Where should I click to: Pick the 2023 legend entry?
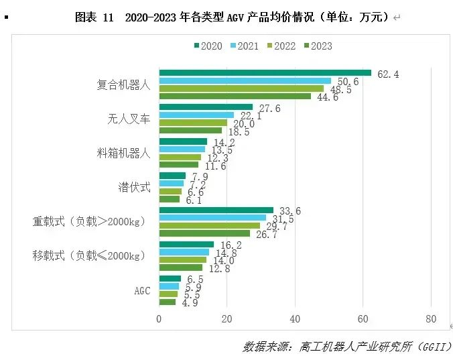[318, 46]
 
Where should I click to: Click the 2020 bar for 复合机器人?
[265, 73]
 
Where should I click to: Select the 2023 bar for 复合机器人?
[235, 97]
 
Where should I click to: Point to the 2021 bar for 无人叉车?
[196, 115]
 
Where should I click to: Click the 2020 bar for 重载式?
[216, 211]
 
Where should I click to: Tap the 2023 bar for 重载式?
[204, 233]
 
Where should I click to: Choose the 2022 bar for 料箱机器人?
[180, 158]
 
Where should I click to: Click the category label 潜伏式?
[133, 187]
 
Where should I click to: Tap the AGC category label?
[141, 290]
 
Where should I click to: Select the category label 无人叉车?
[129, 119]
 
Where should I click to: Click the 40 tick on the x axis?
[295, 319]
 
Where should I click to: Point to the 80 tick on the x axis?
[430, 319]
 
